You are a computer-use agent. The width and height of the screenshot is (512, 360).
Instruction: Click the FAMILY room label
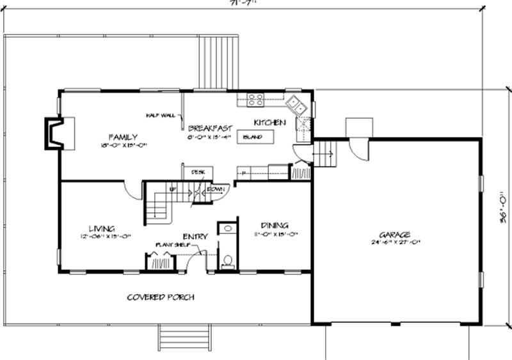[x=120, y=137]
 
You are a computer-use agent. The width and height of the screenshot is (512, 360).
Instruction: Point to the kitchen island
[x=255, y=137]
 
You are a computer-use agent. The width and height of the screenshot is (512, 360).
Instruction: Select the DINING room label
[x=275, y=226]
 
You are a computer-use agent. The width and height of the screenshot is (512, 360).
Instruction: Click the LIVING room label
[x=101, y=228]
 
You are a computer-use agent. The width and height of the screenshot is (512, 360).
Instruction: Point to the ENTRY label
[x=195, y=237]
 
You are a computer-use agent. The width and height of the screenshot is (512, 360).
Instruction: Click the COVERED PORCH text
[x=160, y=297]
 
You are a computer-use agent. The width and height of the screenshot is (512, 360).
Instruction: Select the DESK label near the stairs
[x=198, y=172]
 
